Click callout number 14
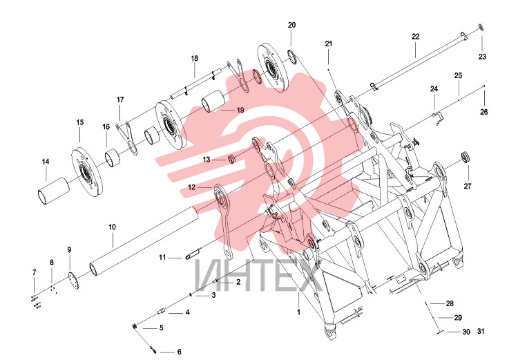[x=46, y=162]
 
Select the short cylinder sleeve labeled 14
[x=54, y=191]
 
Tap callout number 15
[x=80, y=122]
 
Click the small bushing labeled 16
[x=113, y=157]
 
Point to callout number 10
[x=113, y=227]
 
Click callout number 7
[x=34, y=272]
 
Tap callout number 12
[x=191, y=187]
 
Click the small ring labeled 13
[x=232, y=159]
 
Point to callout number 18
[x=195, y=58]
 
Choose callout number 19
[x=240, y=110]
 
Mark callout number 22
[x=416, y=37]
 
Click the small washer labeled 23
[x=481, y=27]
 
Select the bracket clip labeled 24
[x=438, y=118]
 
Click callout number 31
[x=481, y=331]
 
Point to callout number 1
[x=298, y=312]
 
